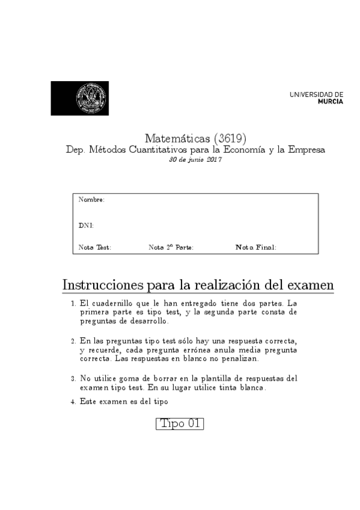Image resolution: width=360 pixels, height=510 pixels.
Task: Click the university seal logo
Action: click(x=91, y=98)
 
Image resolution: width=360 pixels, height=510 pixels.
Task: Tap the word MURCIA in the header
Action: click(x=331, y=102)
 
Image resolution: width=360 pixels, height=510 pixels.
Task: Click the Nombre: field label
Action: click(x=92, y=199)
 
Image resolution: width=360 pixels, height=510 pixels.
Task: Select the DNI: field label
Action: click(x=86, y=226)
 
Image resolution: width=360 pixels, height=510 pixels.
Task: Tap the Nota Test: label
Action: click(x=95, y=247)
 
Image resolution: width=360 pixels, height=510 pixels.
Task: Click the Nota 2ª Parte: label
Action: click(x=171, y=247)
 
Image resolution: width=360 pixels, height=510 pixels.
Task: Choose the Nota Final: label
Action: click(x=256, y=247)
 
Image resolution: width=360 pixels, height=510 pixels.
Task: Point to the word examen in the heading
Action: click(x=311, y=284)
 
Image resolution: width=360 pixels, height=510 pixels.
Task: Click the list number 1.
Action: click(x=73, y=304)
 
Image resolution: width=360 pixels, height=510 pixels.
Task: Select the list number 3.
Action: click(x=73, y=379)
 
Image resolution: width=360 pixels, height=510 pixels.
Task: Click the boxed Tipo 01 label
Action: click(x=180, y=423)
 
